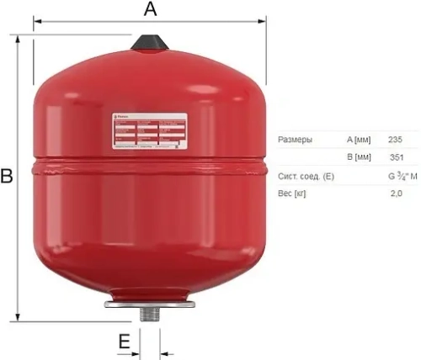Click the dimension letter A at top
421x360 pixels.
[x=151, y=9]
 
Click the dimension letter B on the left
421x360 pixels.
[x=7, y=177]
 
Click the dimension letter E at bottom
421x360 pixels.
[x=124, y=341]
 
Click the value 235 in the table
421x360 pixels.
[x=395, y=139]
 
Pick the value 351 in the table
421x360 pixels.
[x=395, y=157]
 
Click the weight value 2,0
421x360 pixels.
[x=396, y=194]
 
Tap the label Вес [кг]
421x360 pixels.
[x=291, y=194]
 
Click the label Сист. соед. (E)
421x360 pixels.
[x=305, y=176]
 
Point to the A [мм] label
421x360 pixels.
[x=358, y=139]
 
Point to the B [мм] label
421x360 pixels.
[x=358, y=157]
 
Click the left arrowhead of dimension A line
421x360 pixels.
[x=37, y=23]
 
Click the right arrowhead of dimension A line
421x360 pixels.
[x=264, y=23]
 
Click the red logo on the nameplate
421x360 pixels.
[x=120, y=120]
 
